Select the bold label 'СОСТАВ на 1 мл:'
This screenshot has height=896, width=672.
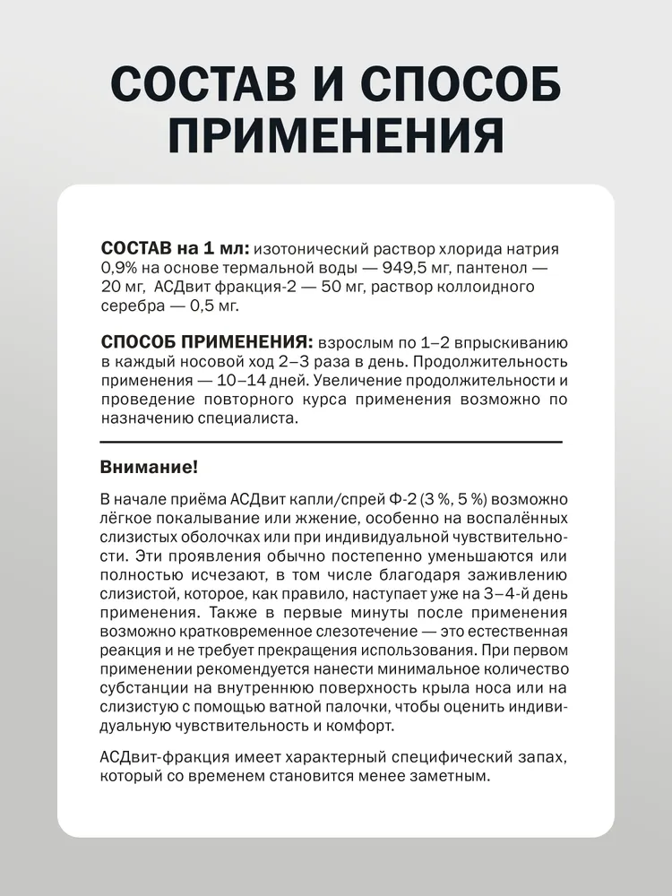click(176, 248)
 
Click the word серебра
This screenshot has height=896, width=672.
click(132, 306)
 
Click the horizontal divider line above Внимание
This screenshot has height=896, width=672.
click(332, 442)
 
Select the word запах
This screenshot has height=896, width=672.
click(540, 757)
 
